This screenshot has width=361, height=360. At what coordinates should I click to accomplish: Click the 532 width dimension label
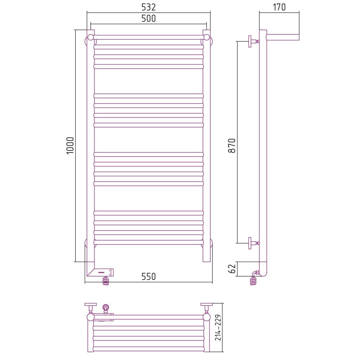(148, 7)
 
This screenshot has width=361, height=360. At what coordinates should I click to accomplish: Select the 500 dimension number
(148, 18)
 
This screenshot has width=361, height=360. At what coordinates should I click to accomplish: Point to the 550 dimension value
(148, 276)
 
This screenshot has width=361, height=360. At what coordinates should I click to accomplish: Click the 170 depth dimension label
(279, 7)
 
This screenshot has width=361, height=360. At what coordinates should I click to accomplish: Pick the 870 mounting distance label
(232, 146)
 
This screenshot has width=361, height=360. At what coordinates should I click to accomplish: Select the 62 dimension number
(232, 269)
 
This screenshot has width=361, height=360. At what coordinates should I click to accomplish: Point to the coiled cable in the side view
(253, 281)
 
